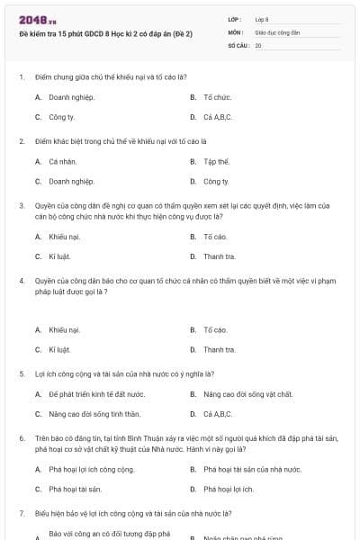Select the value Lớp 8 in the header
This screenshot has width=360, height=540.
point(262,18)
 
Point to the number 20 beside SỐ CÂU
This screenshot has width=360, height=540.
point(258,44)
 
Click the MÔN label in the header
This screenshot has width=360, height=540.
point(235,31)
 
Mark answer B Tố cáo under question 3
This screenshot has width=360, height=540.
point(215,237)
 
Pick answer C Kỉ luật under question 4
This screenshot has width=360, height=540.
point(59,350)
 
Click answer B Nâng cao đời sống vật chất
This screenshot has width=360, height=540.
point(247,394)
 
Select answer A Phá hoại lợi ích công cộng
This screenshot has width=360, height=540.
point(91,470)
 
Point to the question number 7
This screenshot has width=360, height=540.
point(21,513)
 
